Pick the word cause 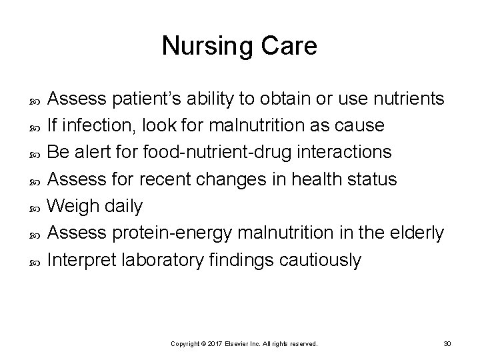[361, 126]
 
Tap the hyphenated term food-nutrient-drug [217, 153]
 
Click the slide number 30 [447, 343]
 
